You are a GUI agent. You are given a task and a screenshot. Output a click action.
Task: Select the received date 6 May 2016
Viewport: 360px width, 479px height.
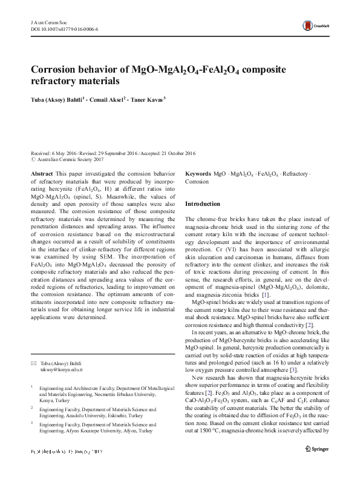(x=66, y=153)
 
